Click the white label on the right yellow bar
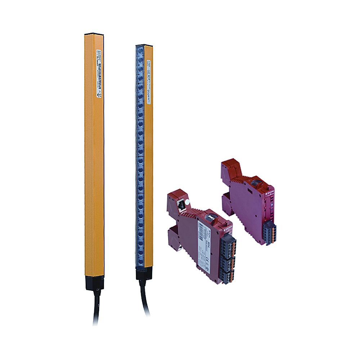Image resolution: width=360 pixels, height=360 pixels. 148,82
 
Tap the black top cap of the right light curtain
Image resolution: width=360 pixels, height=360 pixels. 144,46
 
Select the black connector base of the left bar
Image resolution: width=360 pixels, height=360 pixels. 94,283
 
